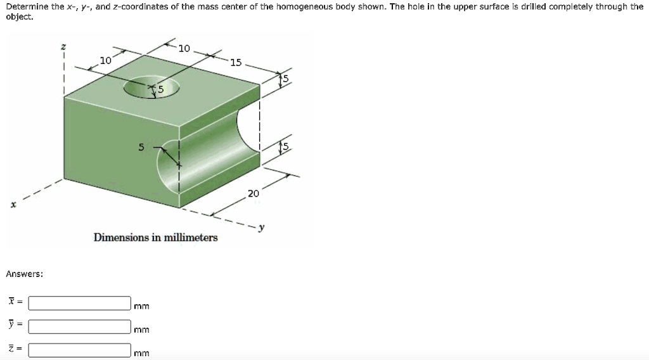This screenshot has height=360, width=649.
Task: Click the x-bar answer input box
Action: point(79,303)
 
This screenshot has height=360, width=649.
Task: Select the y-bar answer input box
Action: point(79,326)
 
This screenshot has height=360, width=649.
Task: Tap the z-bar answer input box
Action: point(79,350)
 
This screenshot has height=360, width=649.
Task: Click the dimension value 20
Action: point(254,193)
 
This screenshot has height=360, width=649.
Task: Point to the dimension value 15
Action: point(236,63)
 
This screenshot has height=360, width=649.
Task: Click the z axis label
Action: point(63,47)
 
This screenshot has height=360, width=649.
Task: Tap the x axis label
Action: point(14,205)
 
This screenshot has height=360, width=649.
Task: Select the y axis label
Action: point(262,227)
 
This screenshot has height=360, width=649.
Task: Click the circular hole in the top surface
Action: point(151,87)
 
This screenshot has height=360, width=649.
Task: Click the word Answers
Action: point(25,274)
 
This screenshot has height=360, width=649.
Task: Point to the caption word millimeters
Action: point(191,238)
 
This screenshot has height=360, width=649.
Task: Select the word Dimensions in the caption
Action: point(121,238)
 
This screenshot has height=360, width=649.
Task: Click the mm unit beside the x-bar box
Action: point(141,306)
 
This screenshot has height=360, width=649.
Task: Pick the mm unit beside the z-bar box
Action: point(141,354)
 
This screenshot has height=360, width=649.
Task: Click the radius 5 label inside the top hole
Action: point(160,89)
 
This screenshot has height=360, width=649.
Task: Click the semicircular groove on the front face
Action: point(167,165)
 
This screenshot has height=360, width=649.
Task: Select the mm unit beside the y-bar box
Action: point(141,330)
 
